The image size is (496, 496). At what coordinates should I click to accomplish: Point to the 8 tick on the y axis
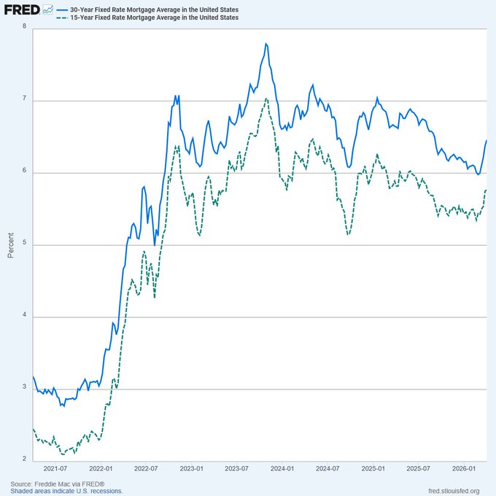25,27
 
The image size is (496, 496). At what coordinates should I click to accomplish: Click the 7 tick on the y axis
25,100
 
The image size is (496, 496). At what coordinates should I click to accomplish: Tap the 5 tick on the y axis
25,244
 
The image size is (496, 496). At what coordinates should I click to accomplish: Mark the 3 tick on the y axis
25,389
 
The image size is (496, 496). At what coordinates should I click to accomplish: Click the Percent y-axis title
10,244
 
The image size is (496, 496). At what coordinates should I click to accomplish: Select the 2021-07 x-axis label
55,469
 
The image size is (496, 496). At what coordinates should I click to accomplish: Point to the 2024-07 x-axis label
329,469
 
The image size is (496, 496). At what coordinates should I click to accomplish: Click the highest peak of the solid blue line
266,44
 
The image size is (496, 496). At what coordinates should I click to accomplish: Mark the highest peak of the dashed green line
266,98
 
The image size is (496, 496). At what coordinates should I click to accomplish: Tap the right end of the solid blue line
486,141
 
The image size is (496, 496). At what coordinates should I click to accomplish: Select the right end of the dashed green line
486,190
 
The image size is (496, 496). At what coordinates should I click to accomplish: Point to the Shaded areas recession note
66,492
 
